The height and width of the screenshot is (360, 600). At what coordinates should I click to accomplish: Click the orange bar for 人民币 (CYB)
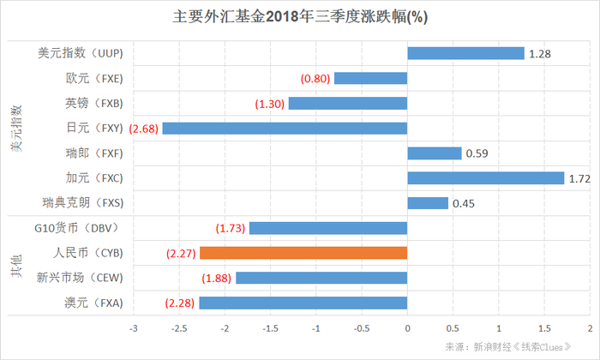click(x=303, y=253)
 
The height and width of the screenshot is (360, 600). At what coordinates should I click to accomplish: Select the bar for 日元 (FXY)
click(x=285, y=129)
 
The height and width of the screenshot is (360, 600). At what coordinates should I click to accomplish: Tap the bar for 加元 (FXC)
click(x=485, y=178)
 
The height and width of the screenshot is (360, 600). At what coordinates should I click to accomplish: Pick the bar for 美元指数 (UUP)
click(x=465, y=53)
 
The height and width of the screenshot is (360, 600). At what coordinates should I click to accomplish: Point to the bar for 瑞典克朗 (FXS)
click(x=428, y=203)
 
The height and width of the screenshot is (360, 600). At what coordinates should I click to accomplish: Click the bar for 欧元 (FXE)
click(x=370, y=78)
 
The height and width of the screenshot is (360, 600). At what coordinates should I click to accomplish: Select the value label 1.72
click(x=581, y=178)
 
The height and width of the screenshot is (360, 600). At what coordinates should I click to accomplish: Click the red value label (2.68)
click(x=144, y=129)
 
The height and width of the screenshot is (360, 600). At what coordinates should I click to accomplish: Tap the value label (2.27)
click(x=181, y=253)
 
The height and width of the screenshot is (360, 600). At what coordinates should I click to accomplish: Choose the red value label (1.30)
click(x=270, y=104)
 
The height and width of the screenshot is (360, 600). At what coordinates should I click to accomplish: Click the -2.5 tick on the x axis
click(x=178, y=328)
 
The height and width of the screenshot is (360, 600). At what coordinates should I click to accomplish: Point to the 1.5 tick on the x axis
click(x=544, y=328)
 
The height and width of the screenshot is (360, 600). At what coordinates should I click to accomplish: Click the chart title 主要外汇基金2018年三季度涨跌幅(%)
click(x=300, y=17)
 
